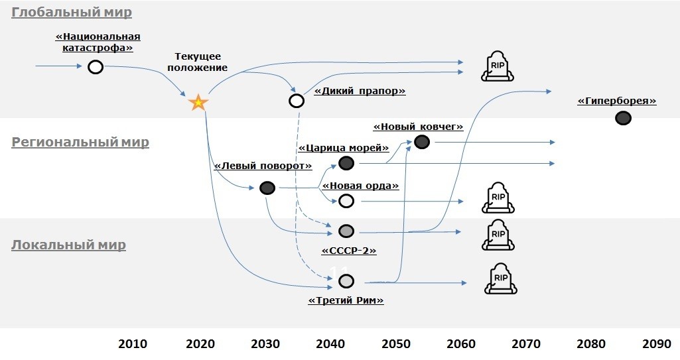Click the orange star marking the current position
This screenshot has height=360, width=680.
coord(198,103)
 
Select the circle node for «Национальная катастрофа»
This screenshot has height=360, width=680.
coord(96,67)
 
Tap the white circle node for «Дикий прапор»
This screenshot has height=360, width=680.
coord(297,101)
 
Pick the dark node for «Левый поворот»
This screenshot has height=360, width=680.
coord(267,188)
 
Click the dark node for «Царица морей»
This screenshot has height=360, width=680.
coord(346,163)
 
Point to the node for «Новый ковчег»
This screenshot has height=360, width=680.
coord(421,141)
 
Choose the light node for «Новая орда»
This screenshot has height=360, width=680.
coord(346,200)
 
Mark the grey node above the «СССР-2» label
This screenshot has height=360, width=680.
coord(346,231)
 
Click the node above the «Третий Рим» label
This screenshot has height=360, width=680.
coord(346,281)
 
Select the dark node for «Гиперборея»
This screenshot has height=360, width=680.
coord(622,118)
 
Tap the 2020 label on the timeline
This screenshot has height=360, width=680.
coord(200,343)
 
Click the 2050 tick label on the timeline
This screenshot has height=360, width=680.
coord(396,343)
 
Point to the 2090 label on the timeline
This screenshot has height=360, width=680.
coord(657,343)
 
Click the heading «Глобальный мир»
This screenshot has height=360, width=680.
coord(72,13)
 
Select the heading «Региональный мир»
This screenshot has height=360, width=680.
coord(80,142)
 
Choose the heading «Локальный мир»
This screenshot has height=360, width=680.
coord(68,245)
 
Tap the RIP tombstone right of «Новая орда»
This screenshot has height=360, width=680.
coord(498,198)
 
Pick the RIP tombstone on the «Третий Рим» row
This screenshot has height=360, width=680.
coord(501,278)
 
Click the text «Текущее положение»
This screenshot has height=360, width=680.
coord(197,62)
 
